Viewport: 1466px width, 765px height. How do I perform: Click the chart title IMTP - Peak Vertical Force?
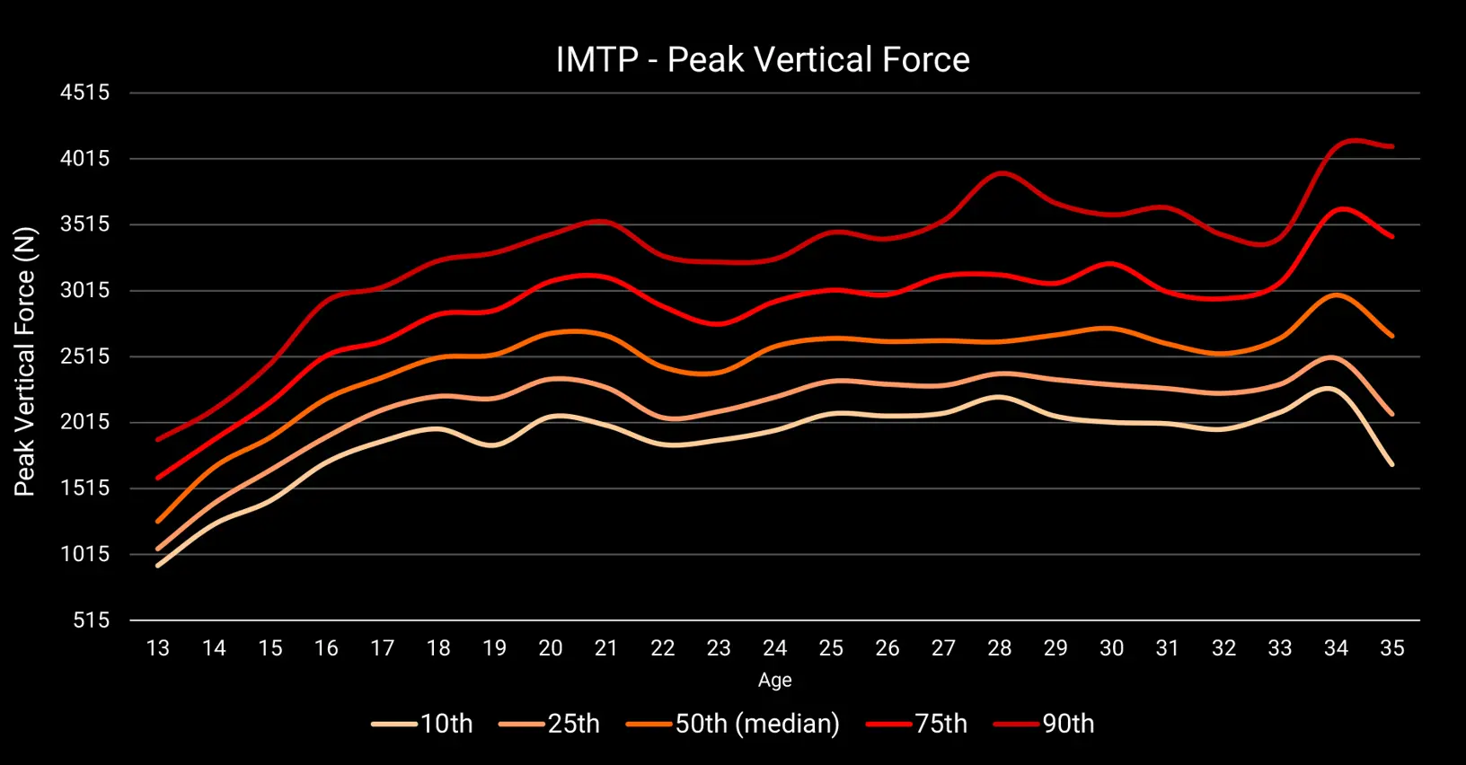pos(763,59)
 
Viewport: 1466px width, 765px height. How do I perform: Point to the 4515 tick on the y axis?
pos(85,92)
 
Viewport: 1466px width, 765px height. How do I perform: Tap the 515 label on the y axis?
pos(92,620)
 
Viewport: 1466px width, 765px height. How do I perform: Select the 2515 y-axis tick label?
pos(85,356)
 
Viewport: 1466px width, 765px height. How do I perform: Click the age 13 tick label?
pos(158,648)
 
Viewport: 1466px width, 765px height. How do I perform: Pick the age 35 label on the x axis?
pos(1392,648)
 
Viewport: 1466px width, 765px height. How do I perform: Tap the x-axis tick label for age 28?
pos(1000,648)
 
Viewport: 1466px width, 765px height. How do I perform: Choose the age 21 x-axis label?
pos(606,648)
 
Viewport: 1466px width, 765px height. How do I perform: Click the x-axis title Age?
pos(775,681)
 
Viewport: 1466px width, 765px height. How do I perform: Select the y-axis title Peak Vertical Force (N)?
pos(24,361)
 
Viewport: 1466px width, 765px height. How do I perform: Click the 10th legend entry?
pos(422,724)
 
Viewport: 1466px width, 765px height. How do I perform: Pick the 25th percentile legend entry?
pos(549,724)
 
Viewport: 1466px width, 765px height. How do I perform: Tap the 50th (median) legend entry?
pos(733,724)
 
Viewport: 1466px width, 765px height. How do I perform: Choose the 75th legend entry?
pos(916,724)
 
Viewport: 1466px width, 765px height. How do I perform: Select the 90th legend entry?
pos(1044,724)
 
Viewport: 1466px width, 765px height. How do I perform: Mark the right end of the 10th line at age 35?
pos(1392,464)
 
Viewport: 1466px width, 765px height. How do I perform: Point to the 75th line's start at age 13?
pos(158,478)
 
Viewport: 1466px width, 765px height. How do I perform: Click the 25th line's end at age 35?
pos(1392,414)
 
